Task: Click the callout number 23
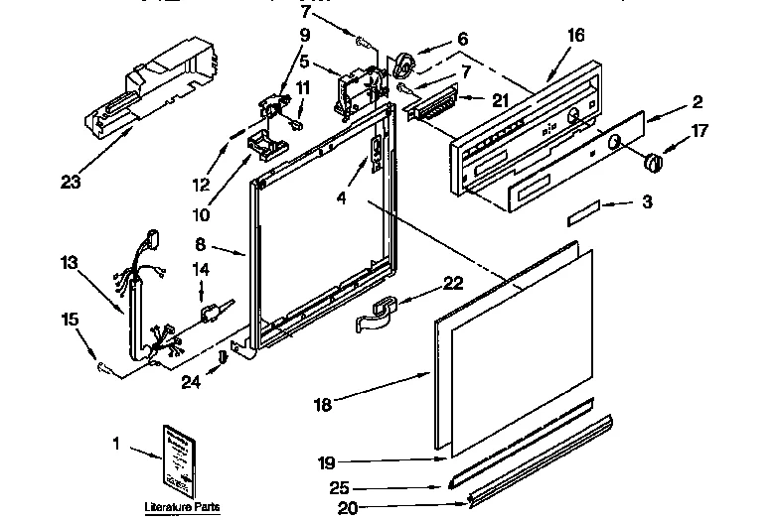pyautogui.click(x=69, y=182)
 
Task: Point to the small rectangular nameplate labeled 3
pyautogui.click(x=583, y=211)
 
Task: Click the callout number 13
pyautogui.click(x=68, y=263)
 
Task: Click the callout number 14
pyautogui.click(x=200, y=269)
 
